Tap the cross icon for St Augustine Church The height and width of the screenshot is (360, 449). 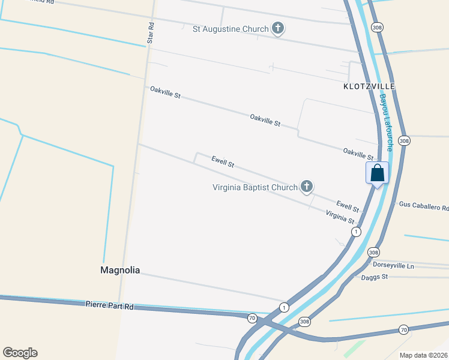277,28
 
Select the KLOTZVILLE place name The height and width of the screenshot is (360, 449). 369,86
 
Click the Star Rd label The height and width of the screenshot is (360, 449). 151,33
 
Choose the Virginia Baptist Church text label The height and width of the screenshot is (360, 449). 255,187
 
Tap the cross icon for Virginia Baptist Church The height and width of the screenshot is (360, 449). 307,187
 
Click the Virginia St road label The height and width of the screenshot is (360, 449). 340,217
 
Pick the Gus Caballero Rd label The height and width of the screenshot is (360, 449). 423,206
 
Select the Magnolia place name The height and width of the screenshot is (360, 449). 120,271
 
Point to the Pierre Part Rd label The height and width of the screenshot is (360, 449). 109,306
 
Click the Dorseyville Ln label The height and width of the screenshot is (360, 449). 393,265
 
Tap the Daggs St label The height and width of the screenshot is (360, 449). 375,277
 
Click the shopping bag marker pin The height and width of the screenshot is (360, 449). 378,173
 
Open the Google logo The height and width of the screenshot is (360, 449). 20,353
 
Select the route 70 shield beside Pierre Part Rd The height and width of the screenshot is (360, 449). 252,317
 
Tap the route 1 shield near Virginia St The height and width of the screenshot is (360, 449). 357,232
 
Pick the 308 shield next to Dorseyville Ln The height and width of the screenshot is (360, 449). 373,252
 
